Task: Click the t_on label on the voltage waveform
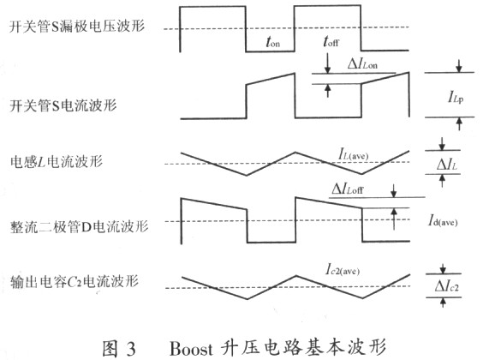pos(273,42)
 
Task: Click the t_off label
pos(331,41)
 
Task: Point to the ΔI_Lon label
pos(362,63)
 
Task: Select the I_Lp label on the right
pos(456,98)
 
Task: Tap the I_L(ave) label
pos(354,153)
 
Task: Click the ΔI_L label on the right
pos(447,165)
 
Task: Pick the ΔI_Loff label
pos(348,189)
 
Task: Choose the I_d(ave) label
pos(443,220)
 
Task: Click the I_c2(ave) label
pos(343,270)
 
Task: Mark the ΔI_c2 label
pos(447,286)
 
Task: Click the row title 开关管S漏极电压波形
pos(77,26)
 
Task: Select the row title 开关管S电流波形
pos(63,105)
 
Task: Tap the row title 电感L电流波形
pos(57,161)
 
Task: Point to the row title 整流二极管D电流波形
pos(79,226)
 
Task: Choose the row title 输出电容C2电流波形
pos(75,281)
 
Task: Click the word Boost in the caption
pos(191,348)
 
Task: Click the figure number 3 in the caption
pos(131,349)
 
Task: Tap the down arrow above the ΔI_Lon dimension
pos(328,63)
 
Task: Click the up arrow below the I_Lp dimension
pos(459,124)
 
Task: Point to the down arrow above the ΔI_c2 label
pos(443,268)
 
